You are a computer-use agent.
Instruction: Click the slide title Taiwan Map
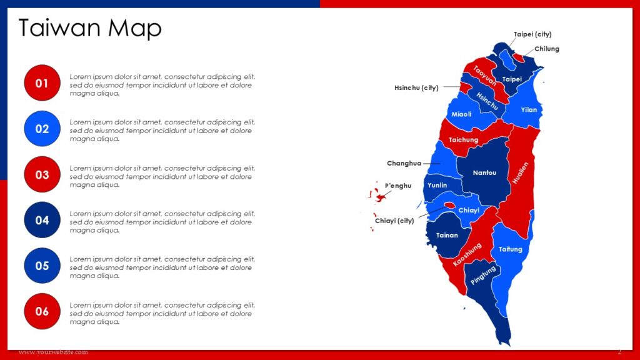pyautogui.click(x=90, y=28)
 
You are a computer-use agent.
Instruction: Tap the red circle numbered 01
pyautogui.click(x=42, y=83)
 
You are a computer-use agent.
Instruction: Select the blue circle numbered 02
pyautogui.click(x=42, y=129)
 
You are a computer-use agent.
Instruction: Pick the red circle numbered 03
pyautogui.click(x=42, y=174)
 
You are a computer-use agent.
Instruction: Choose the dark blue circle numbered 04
pyautogui.click(x=42, y=220)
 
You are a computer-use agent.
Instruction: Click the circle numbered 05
pyautogui.click(x=42, y=266)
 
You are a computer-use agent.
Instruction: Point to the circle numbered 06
pyautogui.click(x=42, y=311)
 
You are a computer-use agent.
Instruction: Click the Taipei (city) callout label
pyautogui.click(x=532, y=34)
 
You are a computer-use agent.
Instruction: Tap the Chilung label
pyautogui.click(x=547, y=49)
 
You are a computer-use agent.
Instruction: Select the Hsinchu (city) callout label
pyautogui.click(x=416, y=87)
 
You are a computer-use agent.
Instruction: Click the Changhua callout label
pyautogui.click(x=404, y=163)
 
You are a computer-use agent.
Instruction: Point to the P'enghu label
pyautogui.click(x=398, y=186)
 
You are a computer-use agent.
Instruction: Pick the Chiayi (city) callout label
pyautogui.click(x=394, y=221)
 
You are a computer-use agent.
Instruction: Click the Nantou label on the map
pyautogui.click(x=484, y=172)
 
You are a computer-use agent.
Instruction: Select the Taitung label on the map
pyautogui.click(x=510, y=249)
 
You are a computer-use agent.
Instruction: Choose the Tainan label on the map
pyautogui.click(x=447, y=236)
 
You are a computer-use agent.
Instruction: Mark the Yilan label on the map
pyautogui.click(x=529, y=109)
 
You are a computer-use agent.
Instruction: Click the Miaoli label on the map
pyautogui.click(x=461, y=114)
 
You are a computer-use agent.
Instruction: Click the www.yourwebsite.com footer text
pyautogui.click(x=53, y=352)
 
